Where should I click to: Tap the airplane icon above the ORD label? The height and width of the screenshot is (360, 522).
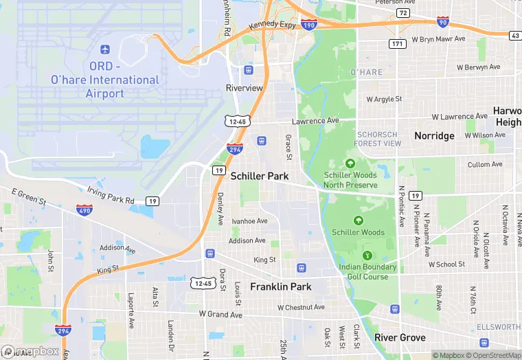105,50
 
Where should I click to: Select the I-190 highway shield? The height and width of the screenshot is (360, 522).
309,24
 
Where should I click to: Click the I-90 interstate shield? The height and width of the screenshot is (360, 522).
443,22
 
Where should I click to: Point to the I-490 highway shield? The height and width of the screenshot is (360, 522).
84,210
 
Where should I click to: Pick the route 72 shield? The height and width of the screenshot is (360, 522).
403,13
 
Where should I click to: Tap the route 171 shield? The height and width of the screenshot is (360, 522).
396,44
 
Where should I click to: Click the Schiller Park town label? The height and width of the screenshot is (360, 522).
260,177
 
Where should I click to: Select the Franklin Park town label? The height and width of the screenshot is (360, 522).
280,286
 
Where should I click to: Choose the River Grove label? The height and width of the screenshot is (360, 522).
400,338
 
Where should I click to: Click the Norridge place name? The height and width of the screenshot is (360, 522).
434,136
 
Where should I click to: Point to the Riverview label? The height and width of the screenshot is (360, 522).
245,88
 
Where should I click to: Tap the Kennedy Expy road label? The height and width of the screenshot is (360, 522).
272,25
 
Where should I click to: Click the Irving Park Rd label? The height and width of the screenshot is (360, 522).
111,195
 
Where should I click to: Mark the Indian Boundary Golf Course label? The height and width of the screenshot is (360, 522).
367,271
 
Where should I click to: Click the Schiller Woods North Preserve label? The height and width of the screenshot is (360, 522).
350,180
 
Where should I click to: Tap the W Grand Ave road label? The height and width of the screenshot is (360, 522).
220,315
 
